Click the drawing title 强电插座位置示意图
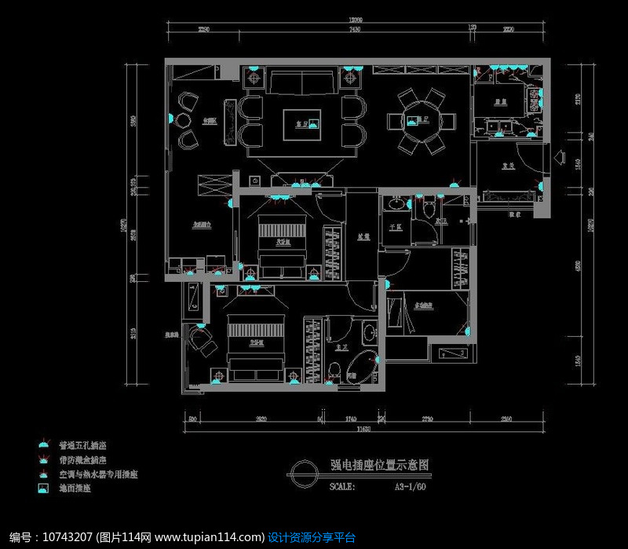click(x=367, y=465)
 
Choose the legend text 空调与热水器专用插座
click(x=93, y=474)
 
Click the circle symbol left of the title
click(x=301, y=474)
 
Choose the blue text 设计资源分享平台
click(x=312, y=537)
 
